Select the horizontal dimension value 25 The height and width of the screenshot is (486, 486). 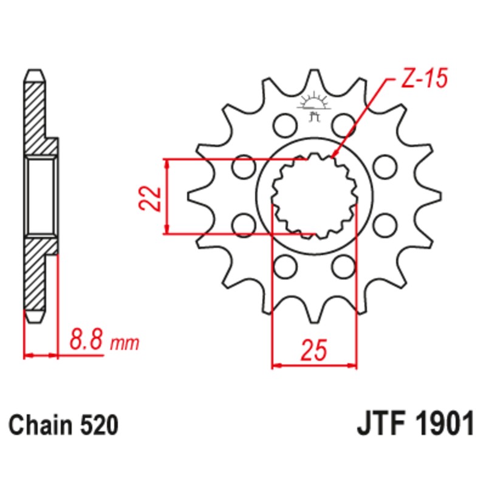pos(314,351)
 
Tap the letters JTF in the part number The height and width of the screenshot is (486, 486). pos(377,423)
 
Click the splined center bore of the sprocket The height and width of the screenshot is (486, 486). pos(314,196)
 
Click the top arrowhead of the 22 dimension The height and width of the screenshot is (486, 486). pos(167,163)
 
